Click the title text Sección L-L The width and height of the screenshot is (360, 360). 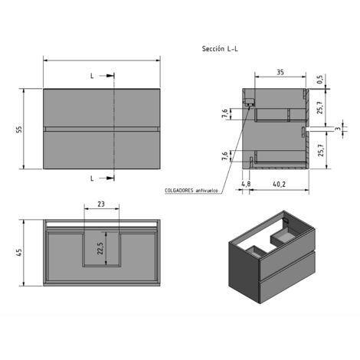point(220,49)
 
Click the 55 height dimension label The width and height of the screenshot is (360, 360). point(19,129)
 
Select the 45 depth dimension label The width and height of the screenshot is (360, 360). point(19,252)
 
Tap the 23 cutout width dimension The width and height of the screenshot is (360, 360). point(101,204)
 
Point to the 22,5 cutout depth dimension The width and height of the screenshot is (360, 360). point(100,248)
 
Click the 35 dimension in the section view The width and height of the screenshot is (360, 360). point(280,72)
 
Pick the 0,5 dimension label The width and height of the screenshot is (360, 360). point(320,80)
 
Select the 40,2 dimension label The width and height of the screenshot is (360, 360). point(279,184)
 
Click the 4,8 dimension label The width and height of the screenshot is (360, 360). point(246,184)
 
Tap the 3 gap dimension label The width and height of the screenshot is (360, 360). point(339,129)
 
